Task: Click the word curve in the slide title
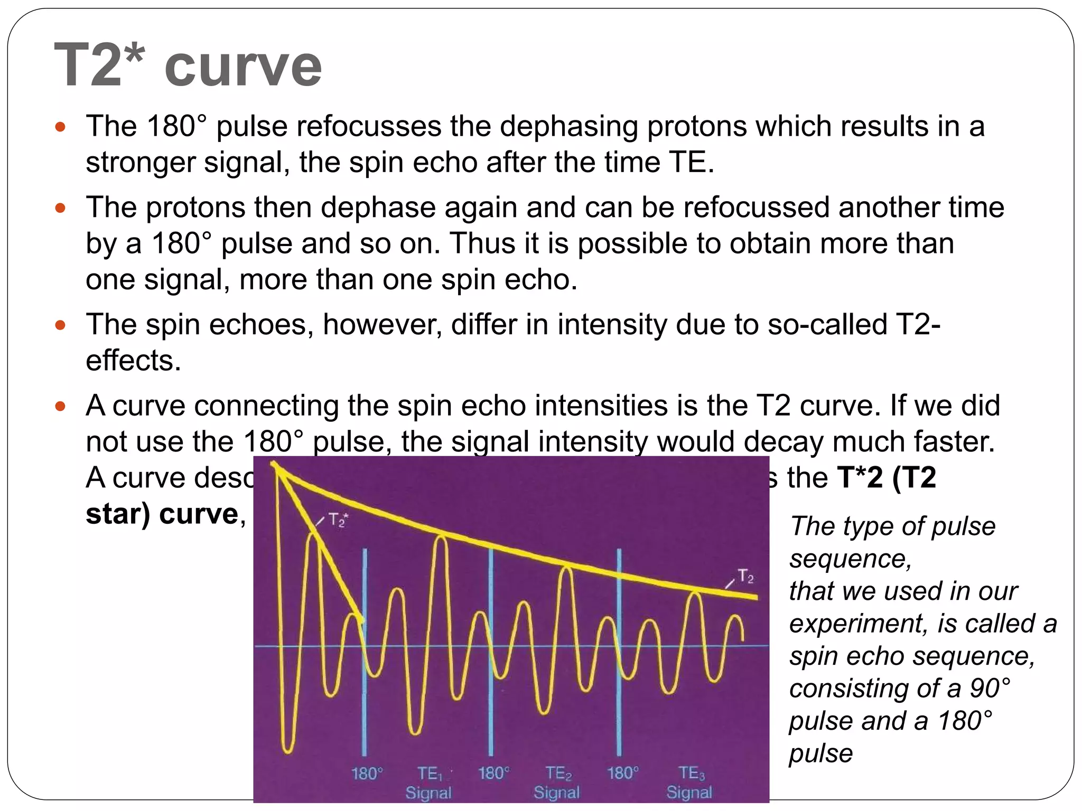243,68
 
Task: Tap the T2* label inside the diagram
338,520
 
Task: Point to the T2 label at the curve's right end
745,577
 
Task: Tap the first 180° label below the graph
367,774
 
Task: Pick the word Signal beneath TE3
689,793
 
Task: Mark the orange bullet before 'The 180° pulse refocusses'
61,127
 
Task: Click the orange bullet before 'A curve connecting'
61,407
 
